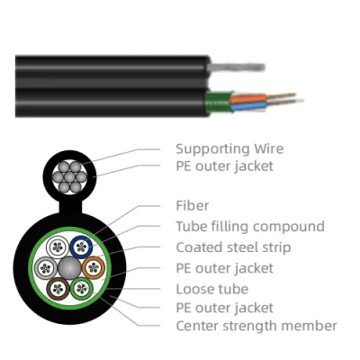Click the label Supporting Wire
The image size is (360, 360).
click(229, 148)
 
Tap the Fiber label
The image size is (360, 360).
click(193, 205)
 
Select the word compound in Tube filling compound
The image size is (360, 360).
click(289, 227)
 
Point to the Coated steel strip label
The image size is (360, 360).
click(233, 247)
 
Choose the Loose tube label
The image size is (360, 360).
click(212, 289)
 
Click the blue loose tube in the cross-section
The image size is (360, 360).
click(81, 247)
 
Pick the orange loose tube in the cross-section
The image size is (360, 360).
click(94, 267)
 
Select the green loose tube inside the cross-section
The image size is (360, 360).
click(82, 289)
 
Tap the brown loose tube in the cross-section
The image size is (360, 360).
click(58, 289)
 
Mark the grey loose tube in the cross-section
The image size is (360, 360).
click(46, 268)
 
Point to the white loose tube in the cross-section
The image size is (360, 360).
click(58, 247)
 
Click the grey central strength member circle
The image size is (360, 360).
click(69, 268)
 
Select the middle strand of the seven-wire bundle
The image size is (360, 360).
click(69, 177)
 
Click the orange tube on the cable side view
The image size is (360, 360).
click(248, 99)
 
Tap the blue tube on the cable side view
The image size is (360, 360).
click(248, 105)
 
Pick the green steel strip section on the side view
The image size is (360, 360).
click(219, 103)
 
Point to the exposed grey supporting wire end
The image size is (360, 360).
click(237, 67)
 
